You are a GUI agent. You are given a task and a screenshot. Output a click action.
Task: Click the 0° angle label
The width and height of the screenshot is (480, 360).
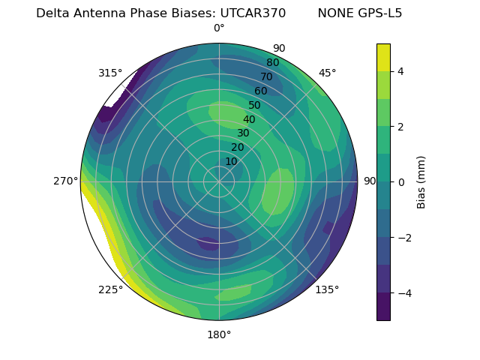[219, 28]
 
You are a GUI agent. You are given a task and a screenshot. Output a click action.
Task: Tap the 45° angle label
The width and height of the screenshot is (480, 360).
[327, 73]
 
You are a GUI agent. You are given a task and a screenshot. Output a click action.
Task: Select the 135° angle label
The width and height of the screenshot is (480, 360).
[327, 289]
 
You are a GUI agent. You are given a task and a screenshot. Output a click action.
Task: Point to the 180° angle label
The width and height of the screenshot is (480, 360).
[219, 334]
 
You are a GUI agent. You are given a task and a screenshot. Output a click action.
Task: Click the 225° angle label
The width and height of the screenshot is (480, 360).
[110, 289]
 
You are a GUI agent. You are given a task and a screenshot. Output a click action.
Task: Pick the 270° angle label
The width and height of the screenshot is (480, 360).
[66, 181]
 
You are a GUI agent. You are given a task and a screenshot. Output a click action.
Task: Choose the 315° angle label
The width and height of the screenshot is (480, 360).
[110, 73]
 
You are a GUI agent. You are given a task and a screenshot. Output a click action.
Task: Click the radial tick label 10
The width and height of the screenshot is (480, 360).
[231, 161]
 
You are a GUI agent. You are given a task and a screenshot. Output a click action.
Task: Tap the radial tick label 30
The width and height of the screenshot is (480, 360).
[243, 133]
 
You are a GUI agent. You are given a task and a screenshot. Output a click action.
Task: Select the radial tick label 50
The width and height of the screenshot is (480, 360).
[255, 105]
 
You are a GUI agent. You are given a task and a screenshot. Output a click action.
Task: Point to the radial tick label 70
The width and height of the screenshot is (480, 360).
[266, 76]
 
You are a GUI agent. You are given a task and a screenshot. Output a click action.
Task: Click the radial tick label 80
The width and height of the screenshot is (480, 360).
[272, 62]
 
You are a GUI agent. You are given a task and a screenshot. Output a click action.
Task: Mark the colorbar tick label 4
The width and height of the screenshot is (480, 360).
[401, 71]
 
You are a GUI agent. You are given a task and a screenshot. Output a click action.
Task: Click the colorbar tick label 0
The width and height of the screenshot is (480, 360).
[401, 182]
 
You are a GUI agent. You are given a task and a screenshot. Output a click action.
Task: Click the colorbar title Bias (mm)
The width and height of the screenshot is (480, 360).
[421, 182]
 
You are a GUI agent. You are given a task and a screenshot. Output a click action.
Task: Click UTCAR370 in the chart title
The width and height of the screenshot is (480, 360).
[253, 13]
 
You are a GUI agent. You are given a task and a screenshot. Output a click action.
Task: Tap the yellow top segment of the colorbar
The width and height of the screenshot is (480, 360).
[383, 58]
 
